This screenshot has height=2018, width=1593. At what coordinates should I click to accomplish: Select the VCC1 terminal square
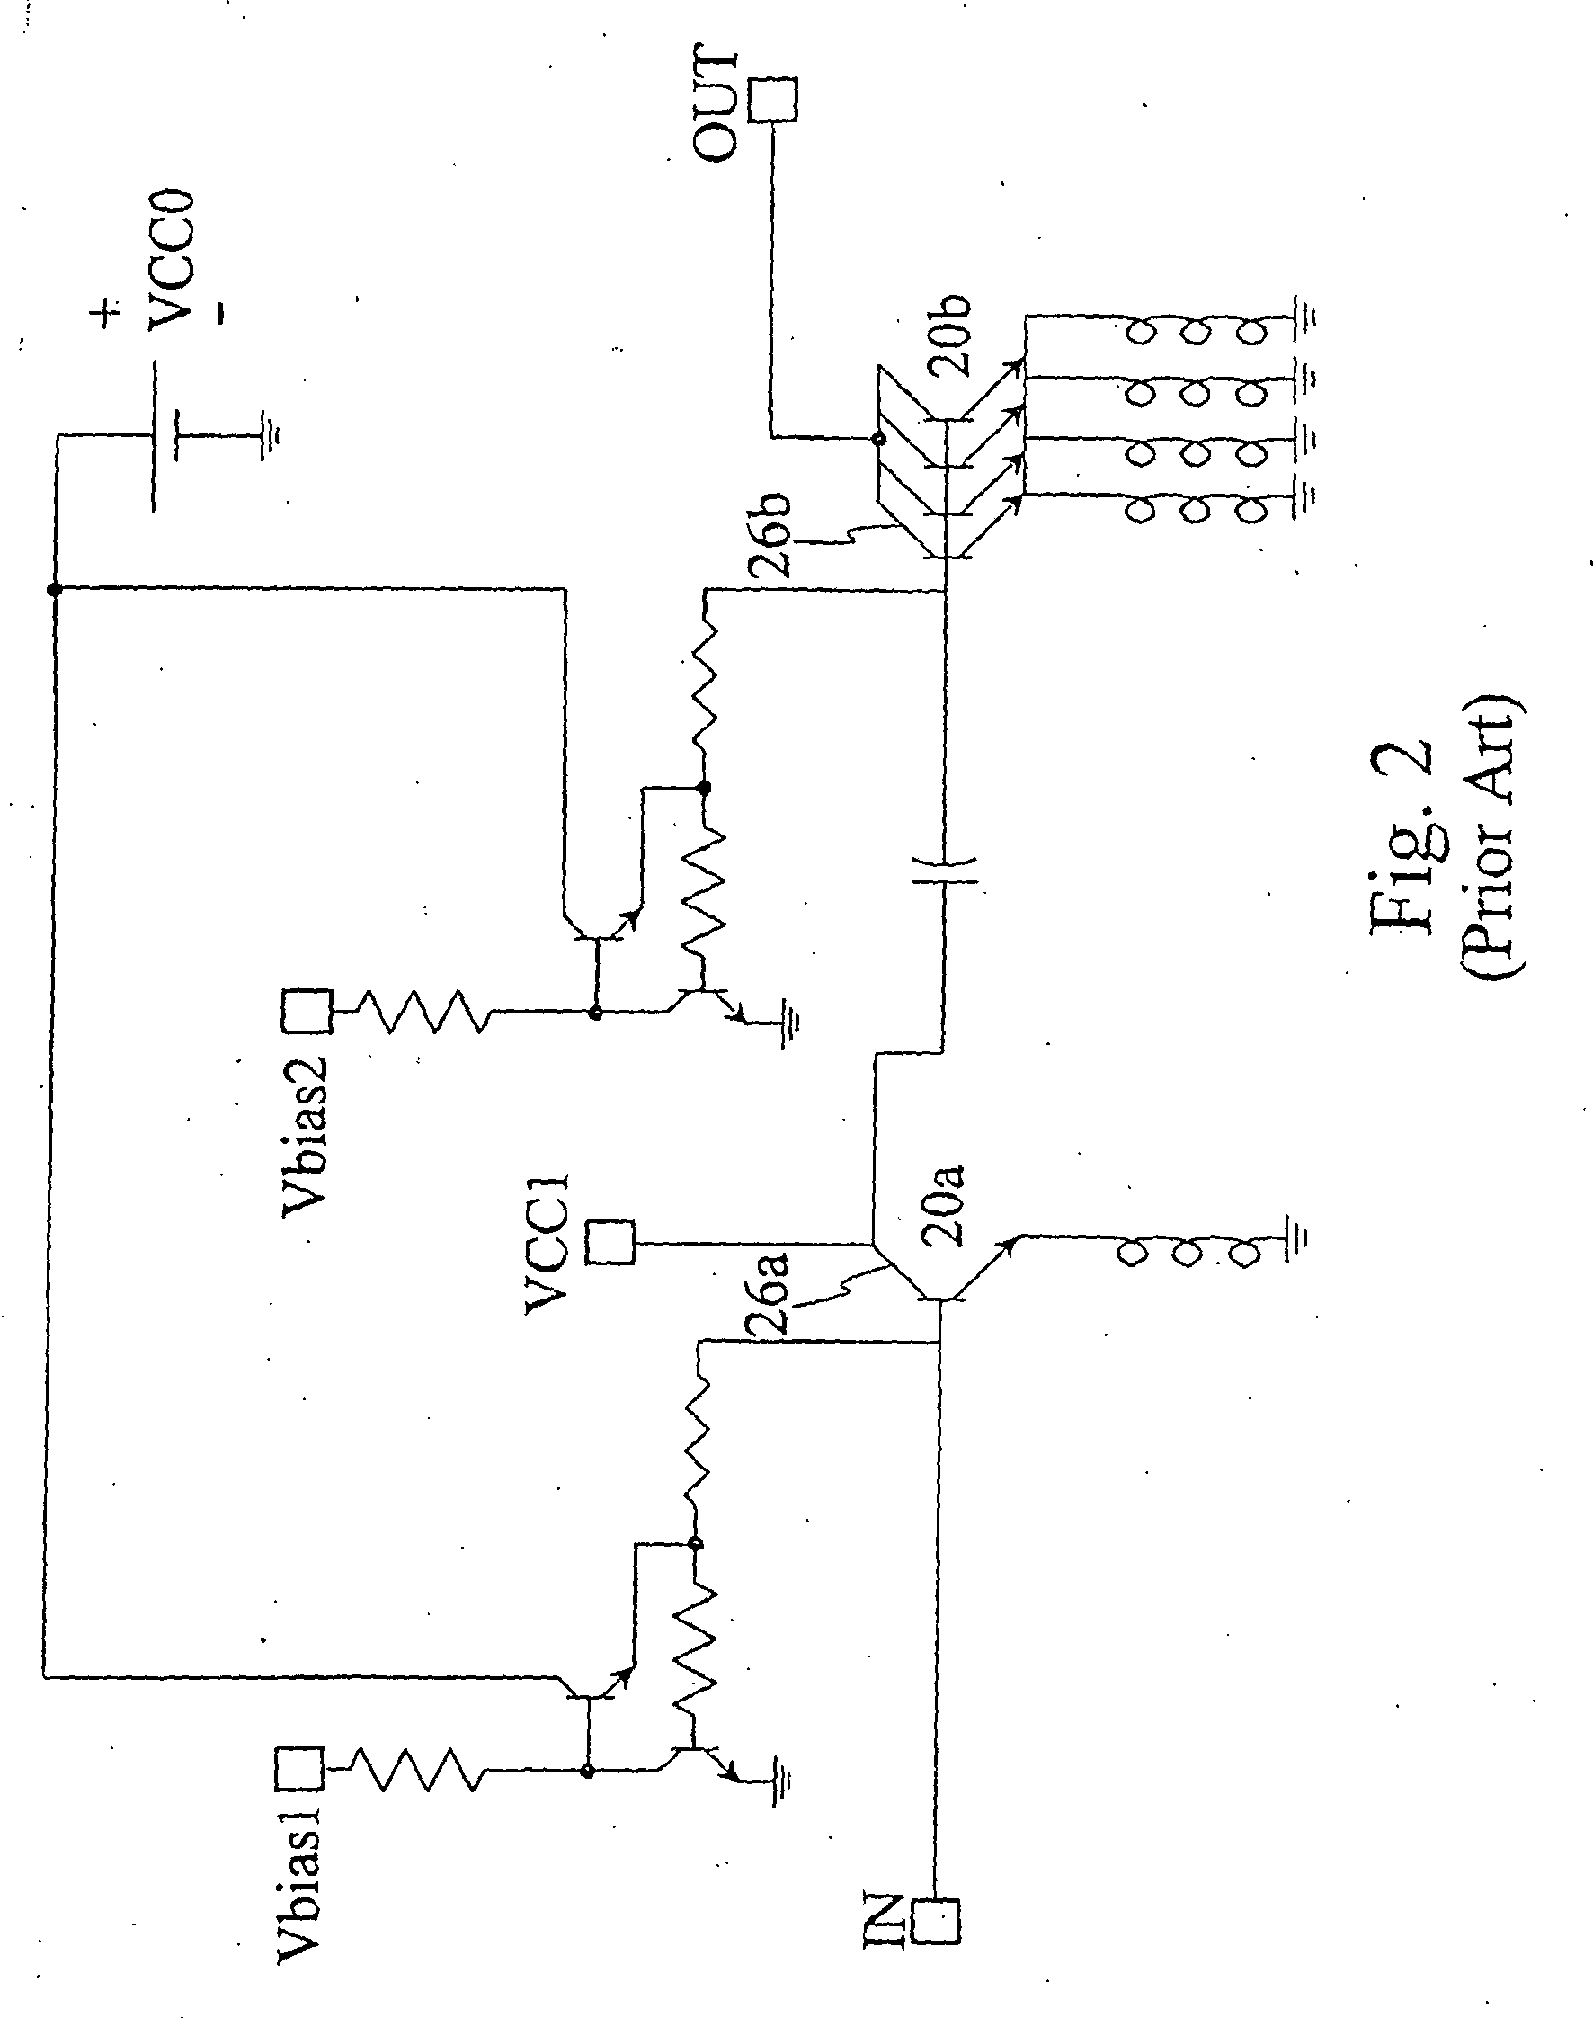click(x=611, y=1243)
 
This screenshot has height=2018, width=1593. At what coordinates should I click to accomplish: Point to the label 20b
click(x=949, y=335)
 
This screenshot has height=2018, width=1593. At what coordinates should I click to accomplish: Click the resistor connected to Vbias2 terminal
click(x=421, y=1012)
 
